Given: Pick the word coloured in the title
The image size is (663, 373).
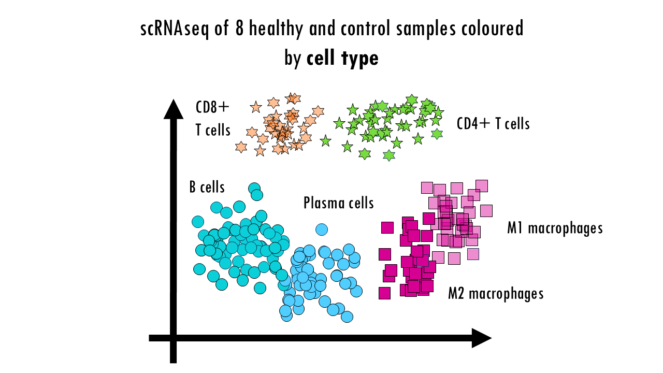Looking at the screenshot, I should pos(492,29).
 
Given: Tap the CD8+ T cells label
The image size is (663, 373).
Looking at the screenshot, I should pos(212,119).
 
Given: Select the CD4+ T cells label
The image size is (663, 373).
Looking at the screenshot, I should pos(493,124).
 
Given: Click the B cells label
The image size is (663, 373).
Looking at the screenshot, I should pos(207,187).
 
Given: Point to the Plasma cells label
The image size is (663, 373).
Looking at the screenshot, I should pos(338,203).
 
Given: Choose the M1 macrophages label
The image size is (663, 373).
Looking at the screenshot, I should pos(555,228).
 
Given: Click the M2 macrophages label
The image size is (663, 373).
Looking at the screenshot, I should pos(496,294).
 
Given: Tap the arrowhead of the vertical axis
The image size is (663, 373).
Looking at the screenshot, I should pos(174,109).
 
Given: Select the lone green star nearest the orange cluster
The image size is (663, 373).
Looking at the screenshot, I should pos(325,140).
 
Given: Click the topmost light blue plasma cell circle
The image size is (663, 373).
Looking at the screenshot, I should pos(322,229).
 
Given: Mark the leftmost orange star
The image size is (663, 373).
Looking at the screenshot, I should pos(241,147).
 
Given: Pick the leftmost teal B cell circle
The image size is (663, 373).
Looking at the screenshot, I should pos(198,222).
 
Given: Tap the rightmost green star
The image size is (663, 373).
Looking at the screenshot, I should pos(439,112).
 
